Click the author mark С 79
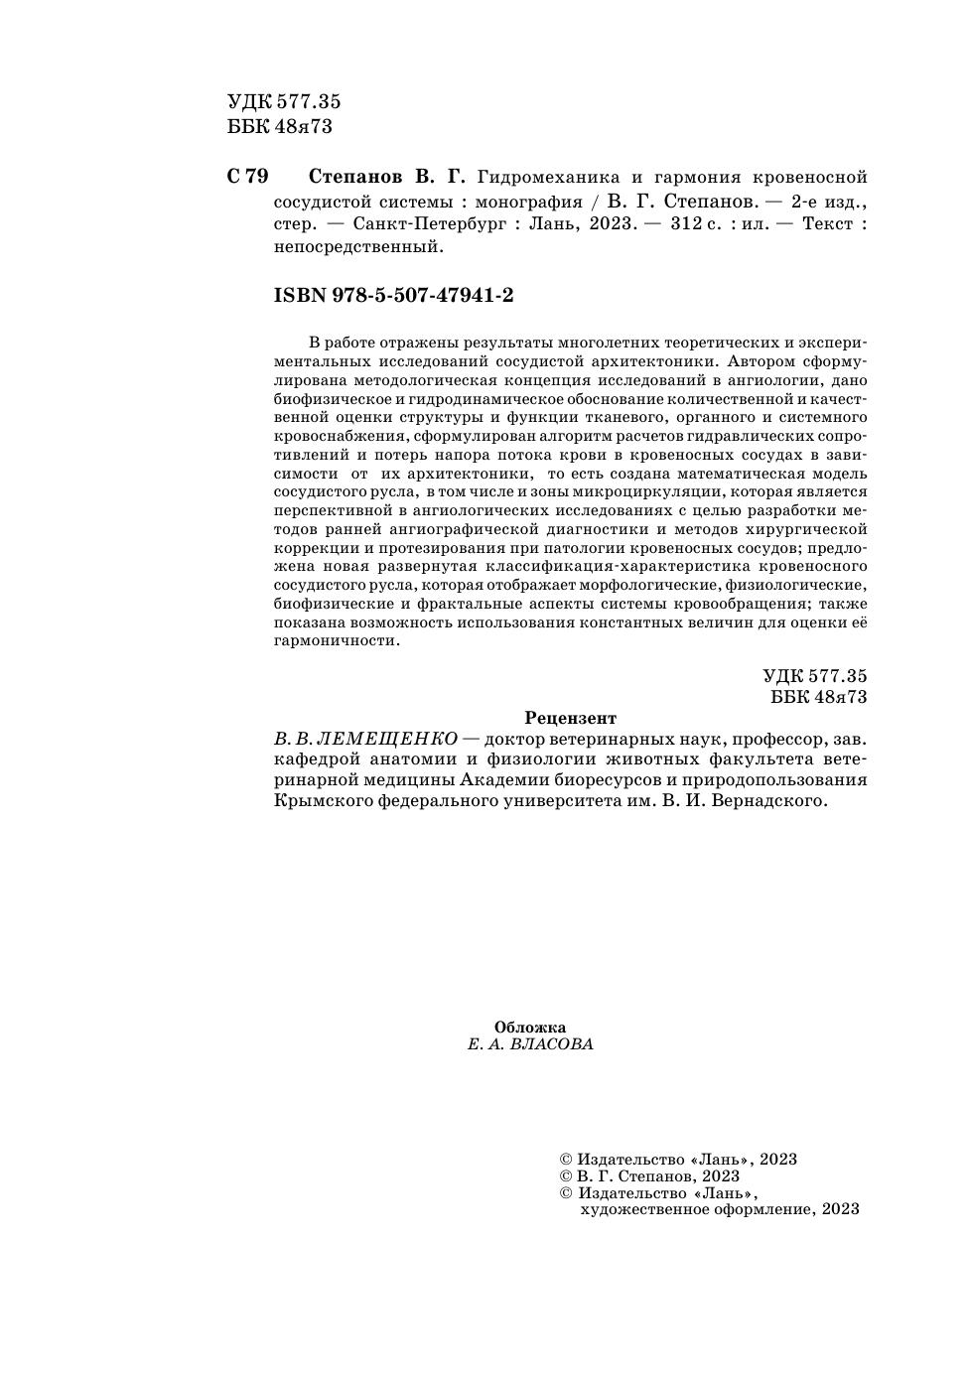tap(247, 178)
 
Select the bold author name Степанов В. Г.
tap(387, 178)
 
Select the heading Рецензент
tap(570, 718)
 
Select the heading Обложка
tap(530, 1028)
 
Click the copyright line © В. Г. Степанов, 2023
tap(650, 1176)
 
